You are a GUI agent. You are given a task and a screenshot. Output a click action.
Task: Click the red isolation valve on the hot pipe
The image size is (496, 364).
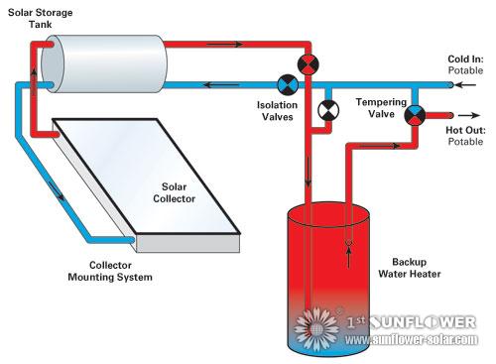[x=310, y=63]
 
